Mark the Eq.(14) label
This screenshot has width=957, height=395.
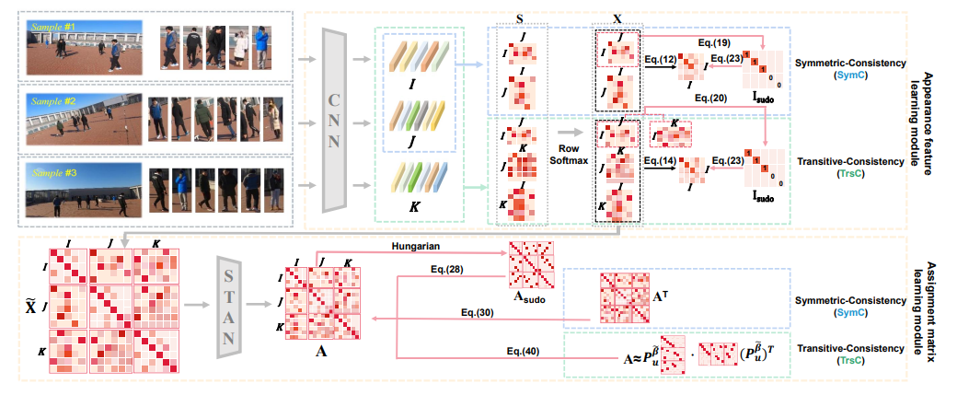click(661, 160)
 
